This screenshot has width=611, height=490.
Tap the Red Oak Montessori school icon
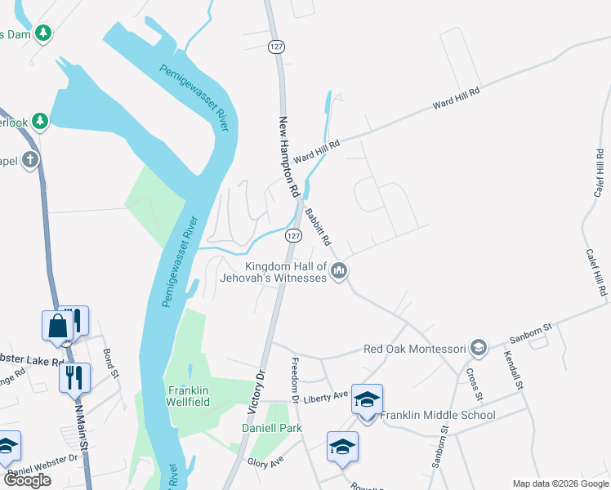479,349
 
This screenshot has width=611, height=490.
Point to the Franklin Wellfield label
189,396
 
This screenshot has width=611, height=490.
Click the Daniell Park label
272,428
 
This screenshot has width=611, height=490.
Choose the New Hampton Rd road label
289,156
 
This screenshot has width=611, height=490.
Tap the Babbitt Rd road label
317,228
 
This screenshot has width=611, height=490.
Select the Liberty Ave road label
327,396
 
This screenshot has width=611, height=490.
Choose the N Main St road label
80,425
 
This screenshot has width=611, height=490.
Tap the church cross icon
30,159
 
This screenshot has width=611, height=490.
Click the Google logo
27,480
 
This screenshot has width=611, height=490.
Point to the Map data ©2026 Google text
560,483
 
